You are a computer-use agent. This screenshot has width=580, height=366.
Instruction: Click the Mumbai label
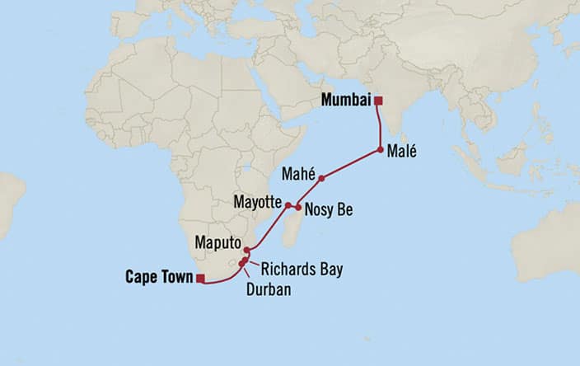click(344, 101)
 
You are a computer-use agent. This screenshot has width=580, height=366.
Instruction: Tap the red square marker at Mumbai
click(378, 101)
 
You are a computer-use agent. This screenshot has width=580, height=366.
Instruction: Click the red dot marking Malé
click(380, 150)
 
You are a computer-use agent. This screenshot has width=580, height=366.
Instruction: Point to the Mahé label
click(298, 174)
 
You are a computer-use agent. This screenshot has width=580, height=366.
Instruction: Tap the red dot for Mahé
click(321, 178)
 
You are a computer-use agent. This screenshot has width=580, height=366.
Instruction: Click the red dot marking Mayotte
click(288, 205)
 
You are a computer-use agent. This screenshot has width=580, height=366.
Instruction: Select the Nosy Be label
click(328, 209)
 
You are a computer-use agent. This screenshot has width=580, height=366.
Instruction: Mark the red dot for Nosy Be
click(298, 208)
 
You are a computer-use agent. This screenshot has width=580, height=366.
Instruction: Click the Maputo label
click(218, 243)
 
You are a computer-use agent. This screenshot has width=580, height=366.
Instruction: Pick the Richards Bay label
click(302, 269)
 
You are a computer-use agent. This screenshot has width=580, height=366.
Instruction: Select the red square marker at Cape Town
click(200, 279)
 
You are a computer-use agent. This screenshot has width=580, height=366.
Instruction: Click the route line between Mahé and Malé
click(351, 164)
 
